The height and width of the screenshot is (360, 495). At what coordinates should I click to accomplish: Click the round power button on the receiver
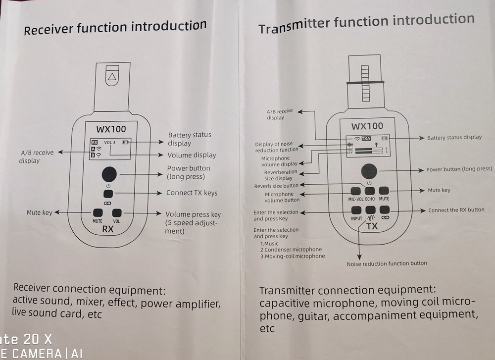coord(109,174)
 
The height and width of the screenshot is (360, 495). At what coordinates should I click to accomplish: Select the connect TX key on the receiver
coord(109,193)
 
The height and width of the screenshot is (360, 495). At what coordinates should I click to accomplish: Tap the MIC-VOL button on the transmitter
coord(355,191)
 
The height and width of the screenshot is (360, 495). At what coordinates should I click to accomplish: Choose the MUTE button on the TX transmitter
coord(384,191)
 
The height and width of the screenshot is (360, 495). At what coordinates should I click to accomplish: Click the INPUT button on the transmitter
coord(356,210)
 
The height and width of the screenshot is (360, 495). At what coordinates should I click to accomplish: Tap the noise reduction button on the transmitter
coord(371,210)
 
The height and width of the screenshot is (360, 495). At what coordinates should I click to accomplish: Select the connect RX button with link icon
coord(385,210)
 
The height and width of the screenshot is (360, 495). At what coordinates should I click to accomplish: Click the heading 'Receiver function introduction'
coord(115,28)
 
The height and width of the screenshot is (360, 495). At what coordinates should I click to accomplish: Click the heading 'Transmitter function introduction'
coord(366,23)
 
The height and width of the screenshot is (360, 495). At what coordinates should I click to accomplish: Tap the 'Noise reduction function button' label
coord(387,263)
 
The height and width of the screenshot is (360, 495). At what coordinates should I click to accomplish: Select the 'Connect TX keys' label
coord(192,193)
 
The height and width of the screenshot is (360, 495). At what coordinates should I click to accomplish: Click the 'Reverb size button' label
coord(276,186)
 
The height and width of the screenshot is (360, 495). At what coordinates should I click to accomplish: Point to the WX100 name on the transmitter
coord(367,126)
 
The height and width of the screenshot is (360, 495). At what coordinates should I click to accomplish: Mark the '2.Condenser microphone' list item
coord(291,250)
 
